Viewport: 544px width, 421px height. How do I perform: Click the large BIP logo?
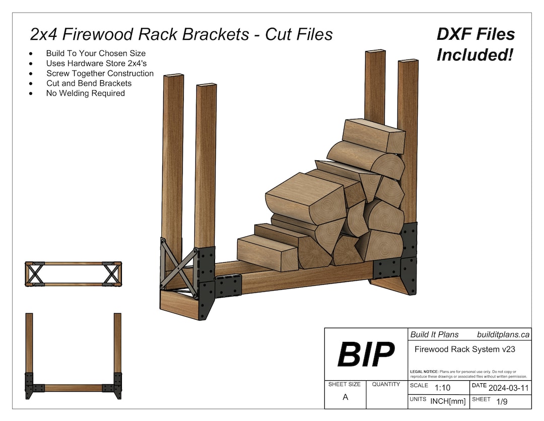[366, 354]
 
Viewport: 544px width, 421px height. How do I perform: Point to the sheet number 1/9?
[502, 402]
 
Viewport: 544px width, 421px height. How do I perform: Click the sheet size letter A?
[345, 397]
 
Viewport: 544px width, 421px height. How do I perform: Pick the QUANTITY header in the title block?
[386, 384]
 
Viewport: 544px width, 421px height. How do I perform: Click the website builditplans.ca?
[503, 334]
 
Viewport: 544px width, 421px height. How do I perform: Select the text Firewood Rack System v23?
[464, 349]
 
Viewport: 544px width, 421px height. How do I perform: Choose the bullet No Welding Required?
[86, 93]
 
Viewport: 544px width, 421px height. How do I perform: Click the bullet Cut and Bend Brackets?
[89, 83]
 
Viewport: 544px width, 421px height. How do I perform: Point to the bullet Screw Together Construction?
[100, 73]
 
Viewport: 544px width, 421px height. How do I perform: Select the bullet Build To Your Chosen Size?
[96, 53]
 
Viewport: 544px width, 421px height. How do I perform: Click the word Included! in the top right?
[474, 54]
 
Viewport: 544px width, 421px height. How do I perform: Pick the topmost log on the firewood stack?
[373, 135]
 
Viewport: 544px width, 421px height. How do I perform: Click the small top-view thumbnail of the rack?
[73, 274]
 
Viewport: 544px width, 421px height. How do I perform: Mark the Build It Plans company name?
[434, 334]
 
